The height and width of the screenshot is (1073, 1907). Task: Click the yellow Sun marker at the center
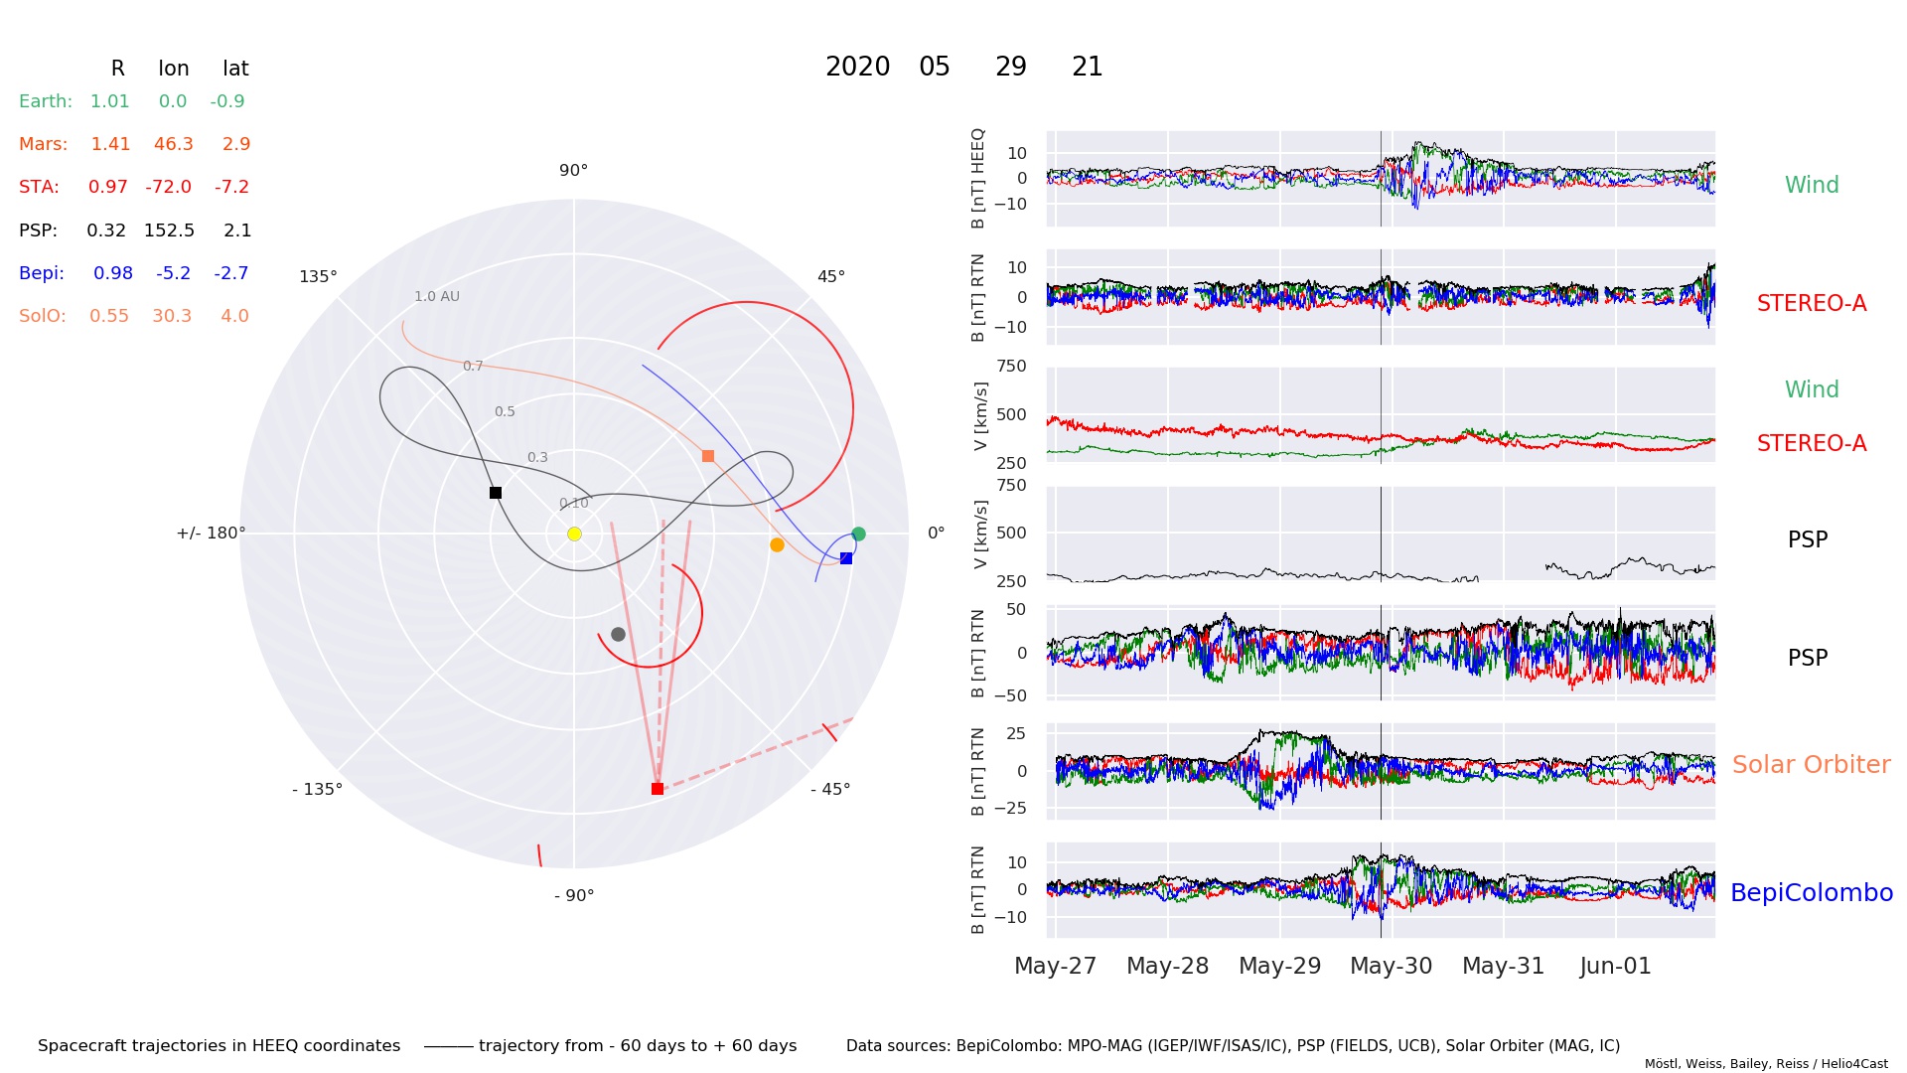[574, 535]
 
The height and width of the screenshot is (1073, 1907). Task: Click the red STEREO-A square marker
[658, 789]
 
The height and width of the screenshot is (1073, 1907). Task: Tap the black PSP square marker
[496, 493]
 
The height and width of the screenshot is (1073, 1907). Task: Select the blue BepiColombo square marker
[846, 558]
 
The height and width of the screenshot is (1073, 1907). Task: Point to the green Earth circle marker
[859, 535]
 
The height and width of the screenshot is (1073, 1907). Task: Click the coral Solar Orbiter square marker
[708, 456]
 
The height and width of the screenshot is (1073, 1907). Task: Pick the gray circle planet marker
[618, 634]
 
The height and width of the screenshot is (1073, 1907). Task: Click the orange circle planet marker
[777, 544]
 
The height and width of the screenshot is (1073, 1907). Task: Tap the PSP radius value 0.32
[106, 230]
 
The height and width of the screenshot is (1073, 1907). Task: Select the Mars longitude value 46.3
[173, 144]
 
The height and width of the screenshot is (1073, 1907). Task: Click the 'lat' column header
[235, 69]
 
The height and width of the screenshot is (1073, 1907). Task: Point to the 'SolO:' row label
[43, 316]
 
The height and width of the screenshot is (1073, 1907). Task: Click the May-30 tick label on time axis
[1391, 966]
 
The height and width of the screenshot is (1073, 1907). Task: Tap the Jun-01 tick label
[1615, 966]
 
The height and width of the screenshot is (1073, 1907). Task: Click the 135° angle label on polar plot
[318, 276]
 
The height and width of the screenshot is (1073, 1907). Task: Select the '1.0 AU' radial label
[437, 296]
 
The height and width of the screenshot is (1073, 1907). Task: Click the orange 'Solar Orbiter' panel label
[1811, 764]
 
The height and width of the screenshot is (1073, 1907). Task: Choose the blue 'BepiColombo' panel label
[1811, 892]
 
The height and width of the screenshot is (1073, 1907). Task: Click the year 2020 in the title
[857, 67]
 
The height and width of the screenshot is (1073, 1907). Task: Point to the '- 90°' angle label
[574, 895]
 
